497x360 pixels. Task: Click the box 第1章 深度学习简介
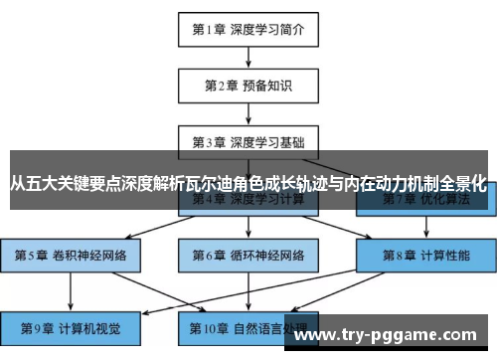point(248,29)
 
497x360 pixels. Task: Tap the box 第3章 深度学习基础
point(248,141)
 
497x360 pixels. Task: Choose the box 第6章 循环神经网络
point(248,255)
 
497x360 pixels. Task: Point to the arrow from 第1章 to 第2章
point(248,57)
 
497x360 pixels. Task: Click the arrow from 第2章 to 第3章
point(248,112)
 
